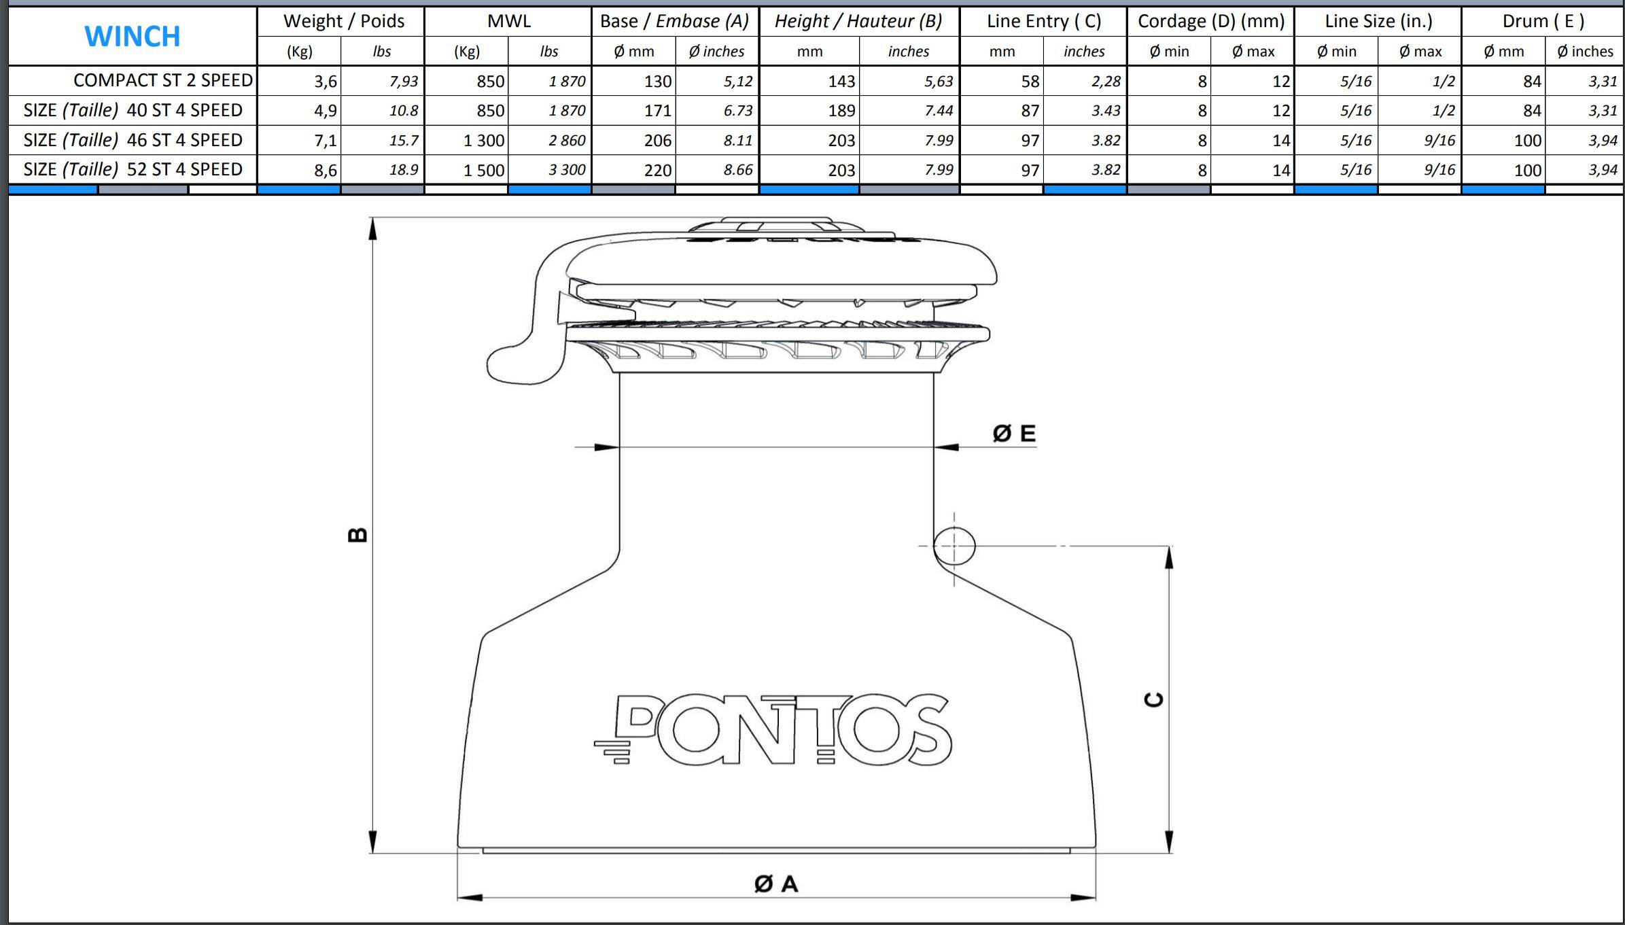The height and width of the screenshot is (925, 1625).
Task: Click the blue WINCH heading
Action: [133, 36]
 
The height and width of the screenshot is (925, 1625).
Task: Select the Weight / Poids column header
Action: [343, 21]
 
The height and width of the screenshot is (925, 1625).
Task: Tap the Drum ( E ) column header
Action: [1543, 21]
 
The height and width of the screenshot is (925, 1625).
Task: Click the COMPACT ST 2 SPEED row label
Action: [162, 80]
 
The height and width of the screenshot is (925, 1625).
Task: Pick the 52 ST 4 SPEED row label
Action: [133, 169]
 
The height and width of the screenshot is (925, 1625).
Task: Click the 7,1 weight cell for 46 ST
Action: [325, 141]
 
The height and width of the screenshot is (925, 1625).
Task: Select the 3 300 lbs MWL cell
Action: [567, 170]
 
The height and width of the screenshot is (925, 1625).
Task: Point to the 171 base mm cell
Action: [657, 111]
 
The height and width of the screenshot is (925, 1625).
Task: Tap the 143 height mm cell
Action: [841, 82]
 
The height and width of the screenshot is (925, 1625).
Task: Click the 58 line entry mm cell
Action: [1030, 82]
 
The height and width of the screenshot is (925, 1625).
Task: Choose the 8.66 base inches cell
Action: [737, 170]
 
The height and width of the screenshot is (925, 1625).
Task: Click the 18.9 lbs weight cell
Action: [403, 170]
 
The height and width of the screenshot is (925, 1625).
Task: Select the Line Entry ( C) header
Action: [1043, 21]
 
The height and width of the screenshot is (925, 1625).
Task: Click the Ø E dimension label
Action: [1014, 434]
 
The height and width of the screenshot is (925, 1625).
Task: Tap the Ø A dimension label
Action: [776, 884]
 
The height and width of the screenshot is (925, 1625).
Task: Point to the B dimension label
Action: [357, 535]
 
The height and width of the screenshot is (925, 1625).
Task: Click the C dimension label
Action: [1154, 699]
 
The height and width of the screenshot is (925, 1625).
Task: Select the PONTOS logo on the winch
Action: [775, 730]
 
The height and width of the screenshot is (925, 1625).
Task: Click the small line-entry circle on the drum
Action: [954, 546]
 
